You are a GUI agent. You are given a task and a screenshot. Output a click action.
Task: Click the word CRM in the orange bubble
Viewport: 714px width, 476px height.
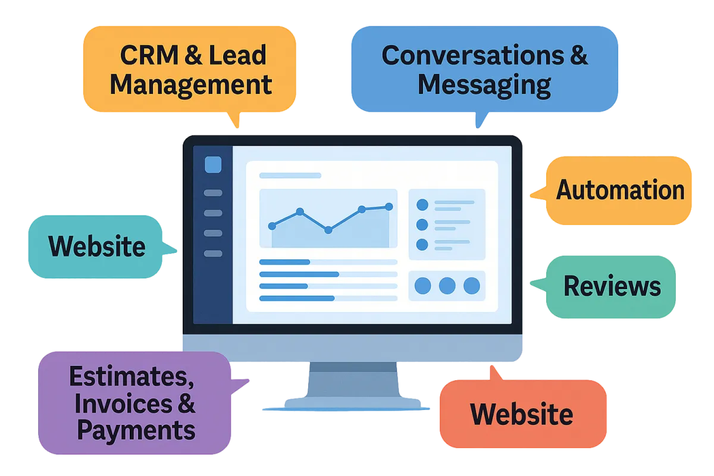[x=149, y=55]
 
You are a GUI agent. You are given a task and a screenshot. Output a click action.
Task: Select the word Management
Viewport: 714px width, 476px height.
[x=191, y=85]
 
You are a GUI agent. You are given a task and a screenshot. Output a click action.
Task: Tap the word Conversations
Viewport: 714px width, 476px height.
[x=473, y=55]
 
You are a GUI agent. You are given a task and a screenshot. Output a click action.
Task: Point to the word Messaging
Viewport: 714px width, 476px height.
[x=484, y=85]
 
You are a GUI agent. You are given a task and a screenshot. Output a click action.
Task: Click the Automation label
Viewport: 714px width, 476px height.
[x=620, y=190]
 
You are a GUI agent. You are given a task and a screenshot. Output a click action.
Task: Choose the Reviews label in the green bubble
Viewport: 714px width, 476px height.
[x=612, y=286]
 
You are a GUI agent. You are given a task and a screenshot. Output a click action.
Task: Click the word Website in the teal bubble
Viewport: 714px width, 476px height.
[x=97, y=246]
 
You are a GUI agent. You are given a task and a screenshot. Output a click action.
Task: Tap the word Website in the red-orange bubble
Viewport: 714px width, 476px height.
[x=522, y=414]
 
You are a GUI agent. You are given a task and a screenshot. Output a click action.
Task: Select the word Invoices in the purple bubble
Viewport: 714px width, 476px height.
[x=124, y=403]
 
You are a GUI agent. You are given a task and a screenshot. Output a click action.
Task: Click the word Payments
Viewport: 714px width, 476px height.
[x=136, y=430]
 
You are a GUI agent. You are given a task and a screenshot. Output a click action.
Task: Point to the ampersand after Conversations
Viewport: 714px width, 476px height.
[x=579, y=55]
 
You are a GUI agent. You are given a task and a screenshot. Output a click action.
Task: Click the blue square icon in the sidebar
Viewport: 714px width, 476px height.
[x=213, y=164]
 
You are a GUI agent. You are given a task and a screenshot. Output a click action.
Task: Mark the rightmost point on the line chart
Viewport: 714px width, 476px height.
[x=389, y=206]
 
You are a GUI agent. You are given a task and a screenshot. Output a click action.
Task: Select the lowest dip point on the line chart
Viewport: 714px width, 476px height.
[x=328, y=230]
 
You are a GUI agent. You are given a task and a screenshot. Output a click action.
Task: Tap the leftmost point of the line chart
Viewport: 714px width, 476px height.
[x=272, y=226]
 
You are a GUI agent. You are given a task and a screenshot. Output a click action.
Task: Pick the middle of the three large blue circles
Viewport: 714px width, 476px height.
[x=447, y=286]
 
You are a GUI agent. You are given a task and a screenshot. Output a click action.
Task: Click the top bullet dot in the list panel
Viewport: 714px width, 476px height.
[x=422, y=205]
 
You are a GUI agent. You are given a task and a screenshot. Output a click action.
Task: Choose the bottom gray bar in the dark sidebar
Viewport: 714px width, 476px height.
[x=213, y=253]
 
